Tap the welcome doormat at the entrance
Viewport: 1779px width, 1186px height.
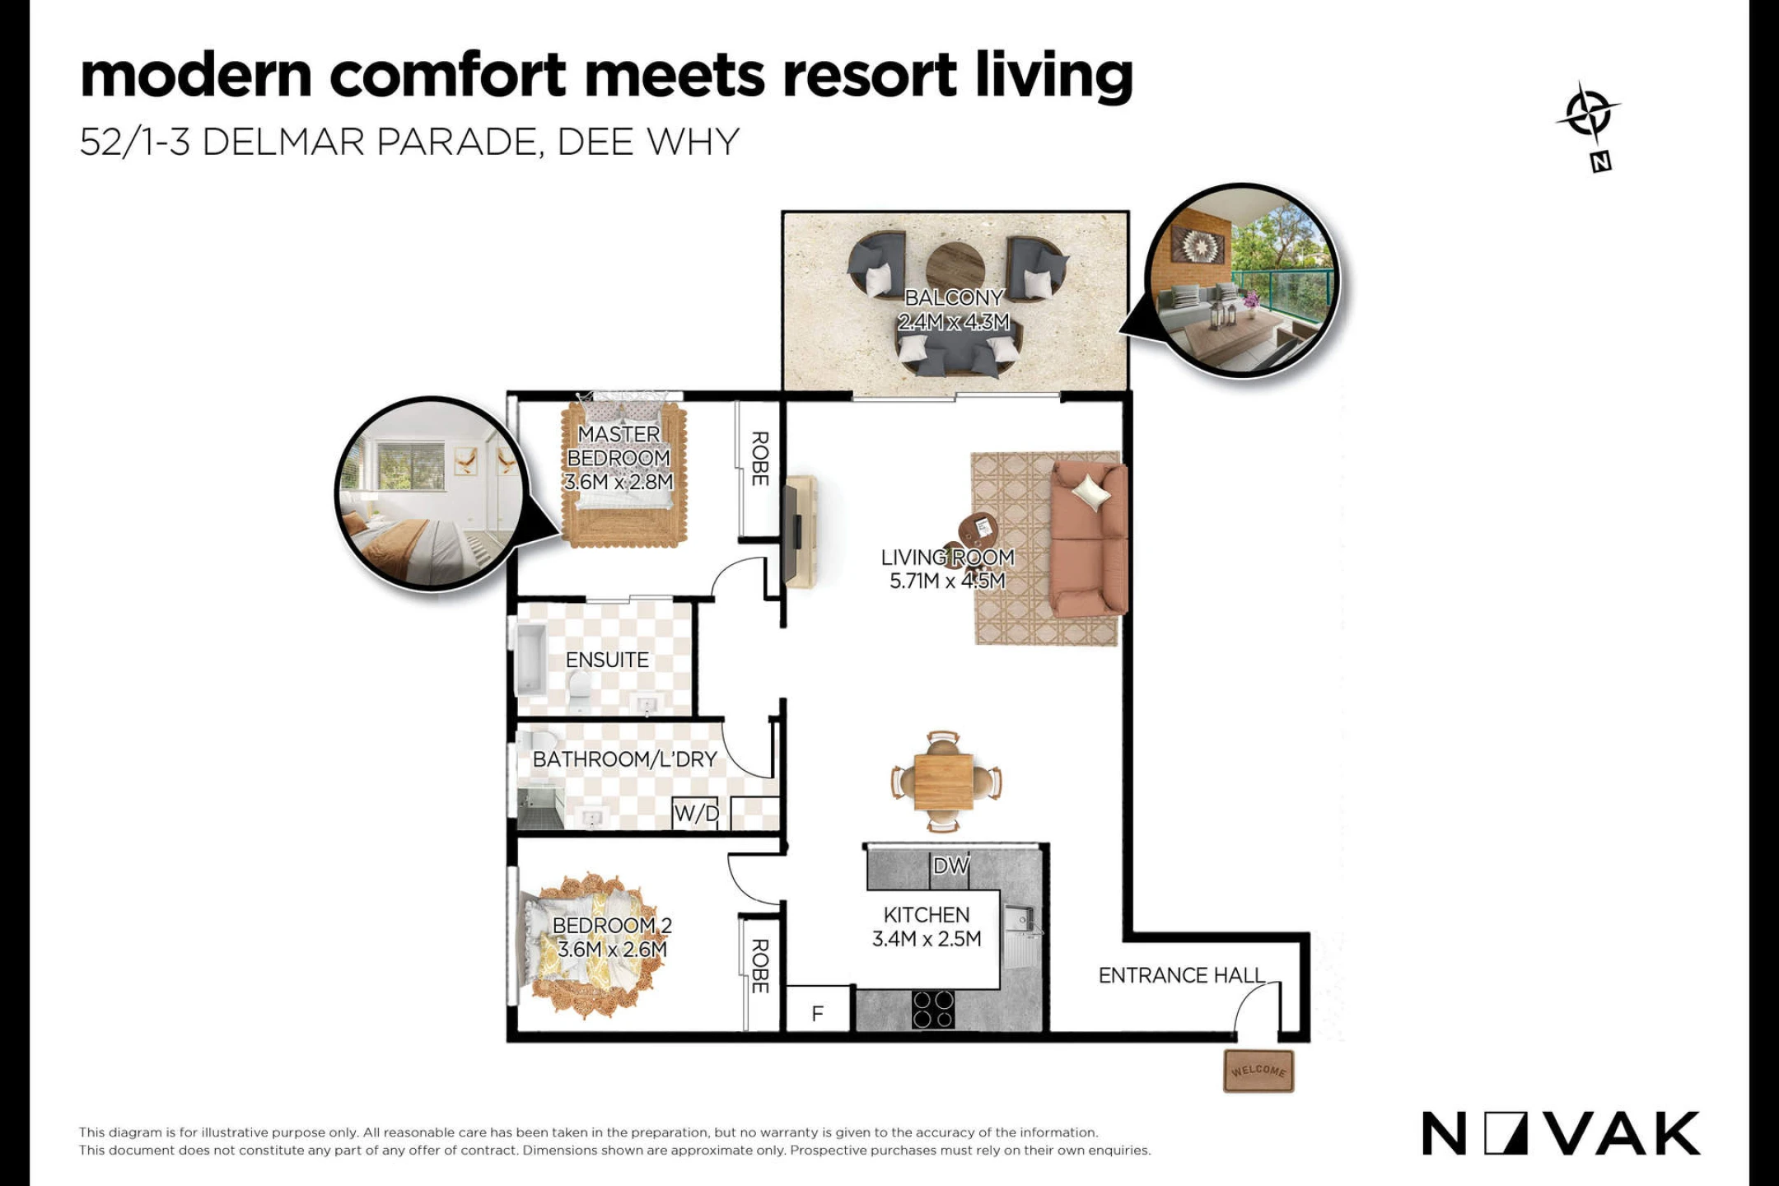pos(1258,1071)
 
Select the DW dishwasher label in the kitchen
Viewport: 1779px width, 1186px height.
pos(951,866)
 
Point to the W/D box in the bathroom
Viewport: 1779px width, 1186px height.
pos(696,814)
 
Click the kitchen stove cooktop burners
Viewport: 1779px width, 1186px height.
pos(934,1011)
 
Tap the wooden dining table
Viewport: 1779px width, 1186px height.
pos(944,781)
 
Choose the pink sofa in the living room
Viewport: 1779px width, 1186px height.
pos(1089,539)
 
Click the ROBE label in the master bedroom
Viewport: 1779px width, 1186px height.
pos(760,459)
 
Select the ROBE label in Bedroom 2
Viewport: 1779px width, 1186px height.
pos(760,966)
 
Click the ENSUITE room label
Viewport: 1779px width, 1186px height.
pos(607,660)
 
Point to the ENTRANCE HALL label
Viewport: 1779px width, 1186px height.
pos(1182,975)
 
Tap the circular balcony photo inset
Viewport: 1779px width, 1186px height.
pos(1242,280)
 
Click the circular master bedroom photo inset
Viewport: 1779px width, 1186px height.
pos(432,493)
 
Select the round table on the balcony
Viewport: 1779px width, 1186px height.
pos(955,268)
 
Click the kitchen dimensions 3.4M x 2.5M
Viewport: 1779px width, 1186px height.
pos(927,939)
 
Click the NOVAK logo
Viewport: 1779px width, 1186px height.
pos(1561,1133)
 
